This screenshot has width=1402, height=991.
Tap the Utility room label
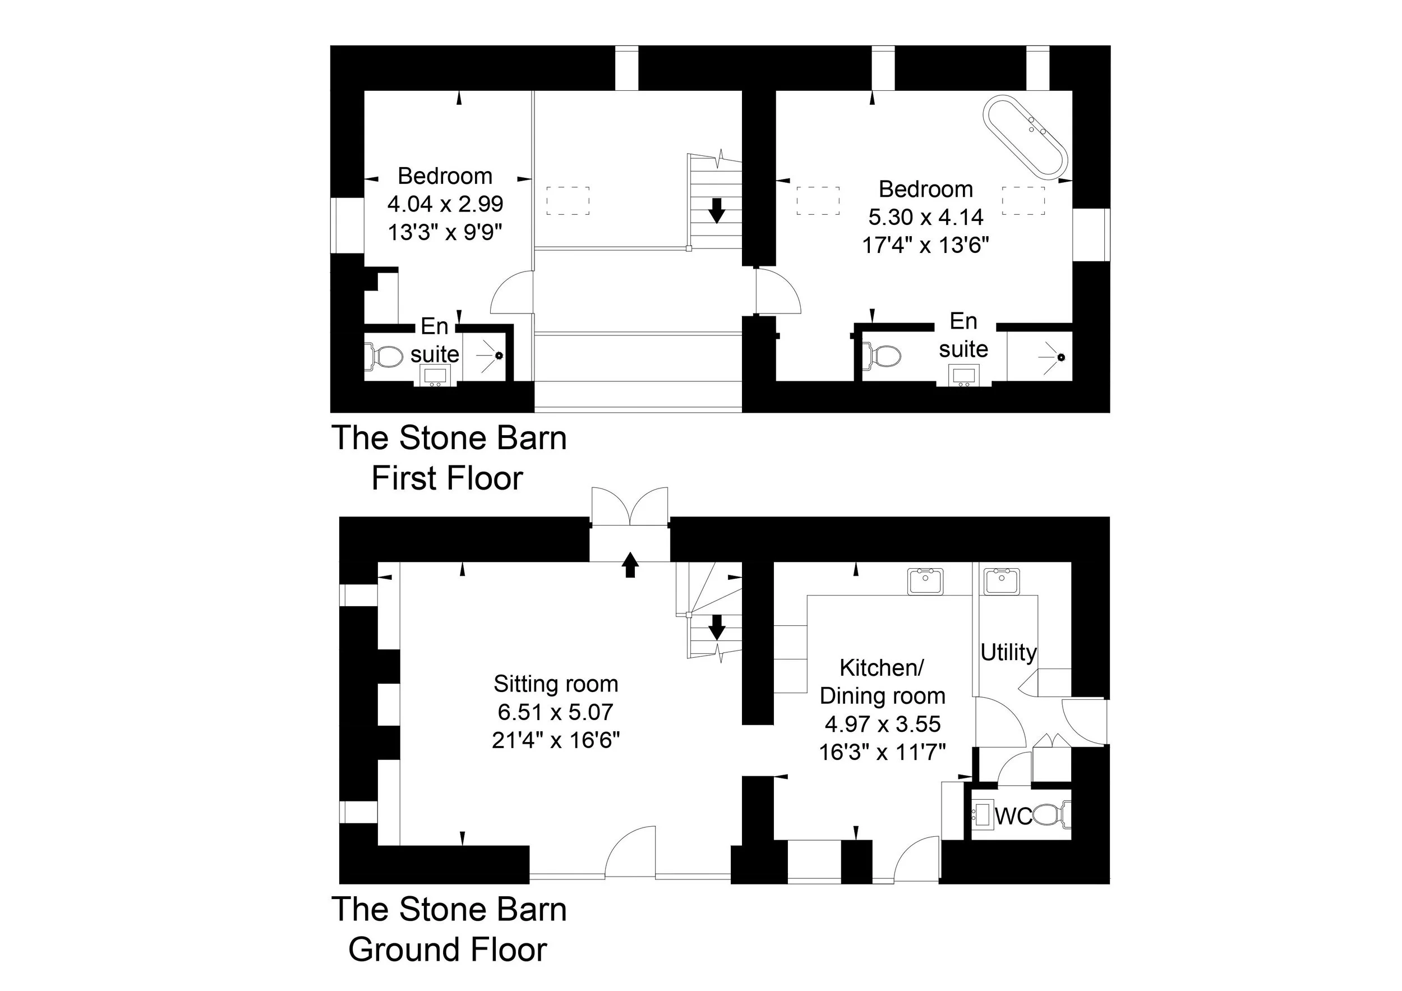coord(1008,652)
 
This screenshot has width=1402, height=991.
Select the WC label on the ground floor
coord(1013,816)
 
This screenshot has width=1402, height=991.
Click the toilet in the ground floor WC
coord(1051,815)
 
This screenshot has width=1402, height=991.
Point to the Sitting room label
coord(556,684)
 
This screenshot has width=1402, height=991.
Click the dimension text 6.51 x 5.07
coord(556,712)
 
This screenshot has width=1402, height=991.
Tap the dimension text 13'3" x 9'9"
coord(445,232)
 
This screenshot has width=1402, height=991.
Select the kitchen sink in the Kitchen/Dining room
coord(926,580)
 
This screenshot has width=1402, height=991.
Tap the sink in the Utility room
coord(1001,580)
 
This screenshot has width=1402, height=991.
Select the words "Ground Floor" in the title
coord(447,949)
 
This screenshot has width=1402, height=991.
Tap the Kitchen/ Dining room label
coord(882,681)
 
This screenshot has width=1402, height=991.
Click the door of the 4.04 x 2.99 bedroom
coord(510,294)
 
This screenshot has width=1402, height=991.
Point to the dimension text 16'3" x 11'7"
coord(882,752)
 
